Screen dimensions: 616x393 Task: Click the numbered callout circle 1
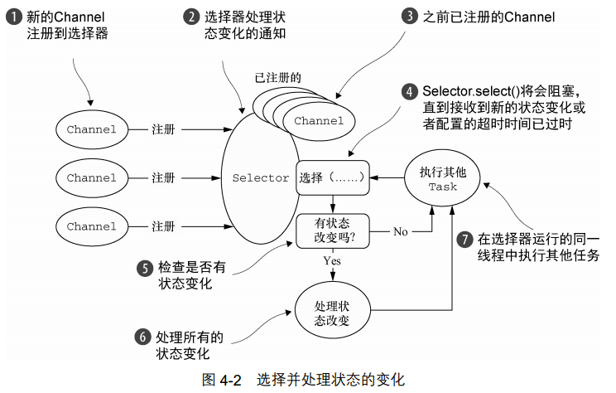coord(14,17)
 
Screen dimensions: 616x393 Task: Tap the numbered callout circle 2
coord(191,17)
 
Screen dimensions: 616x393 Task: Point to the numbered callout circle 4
coord(410,91)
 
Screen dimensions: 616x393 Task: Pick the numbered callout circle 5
coord(145,269)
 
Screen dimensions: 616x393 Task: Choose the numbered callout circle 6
coord(142,337)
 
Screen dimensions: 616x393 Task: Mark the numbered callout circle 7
coord(464,239)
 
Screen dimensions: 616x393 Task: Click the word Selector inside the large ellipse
coord(261,177)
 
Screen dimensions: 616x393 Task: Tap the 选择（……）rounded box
coord(332,177)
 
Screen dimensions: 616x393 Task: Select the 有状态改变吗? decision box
coord(332,231)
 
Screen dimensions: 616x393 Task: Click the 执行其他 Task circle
coord(442,177)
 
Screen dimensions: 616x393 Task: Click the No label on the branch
coord(401,231)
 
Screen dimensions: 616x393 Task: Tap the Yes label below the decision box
coord(332,261)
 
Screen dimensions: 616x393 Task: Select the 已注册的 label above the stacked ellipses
coord(277,77)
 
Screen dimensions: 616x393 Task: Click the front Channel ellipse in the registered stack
coord(319,121)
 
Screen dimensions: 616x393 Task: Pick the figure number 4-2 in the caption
coord(230,380)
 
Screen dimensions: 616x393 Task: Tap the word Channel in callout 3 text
coord(529,17)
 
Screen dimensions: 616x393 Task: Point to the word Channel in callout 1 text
coord(79,17)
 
